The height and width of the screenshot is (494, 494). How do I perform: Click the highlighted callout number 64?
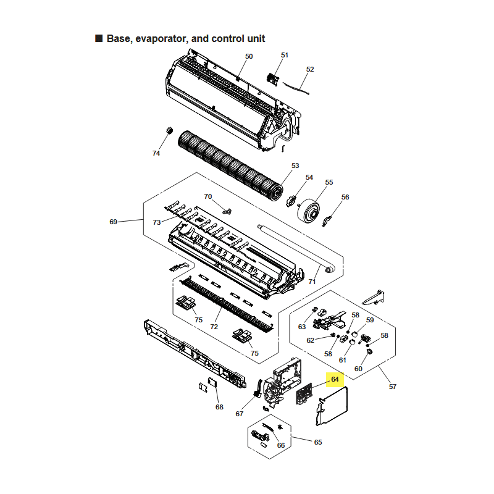point(335,379)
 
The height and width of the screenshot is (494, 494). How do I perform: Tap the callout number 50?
point(249,56)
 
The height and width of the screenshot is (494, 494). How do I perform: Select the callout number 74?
point(156,153)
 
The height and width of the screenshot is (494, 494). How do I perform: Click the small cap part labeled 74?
point(167,130)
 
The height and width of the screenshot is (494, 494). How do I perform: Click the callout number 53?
point(295,165)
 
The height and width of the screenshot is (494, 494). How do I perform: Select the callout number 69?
point(113,222)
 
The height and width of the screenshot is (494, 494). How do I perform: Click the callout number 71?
point(312,282)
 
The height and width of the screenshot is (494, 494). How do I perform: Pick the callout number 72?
point(214,326)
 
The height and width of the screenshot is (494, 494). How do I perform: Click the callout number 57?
point(393,387)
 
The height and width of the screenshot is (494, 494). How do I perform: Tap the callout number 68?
point(219,407)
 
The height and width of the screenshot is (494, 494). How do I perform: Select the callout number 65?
point(318,442)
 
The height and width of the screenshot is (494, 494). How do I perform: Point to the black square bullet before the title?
point(99,39)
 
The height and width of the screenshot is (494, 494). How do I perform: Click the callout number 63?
point(302,327)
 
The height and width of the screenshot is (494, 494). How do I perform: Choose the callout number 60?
point(358,369)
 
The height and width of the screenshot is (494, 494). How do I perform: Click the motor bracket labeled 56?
point(329,217)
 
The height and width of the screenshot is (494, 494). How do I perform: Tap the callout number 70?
point(208,196)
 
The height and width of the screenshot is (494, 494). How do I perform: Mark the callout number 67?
point(240,414)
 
